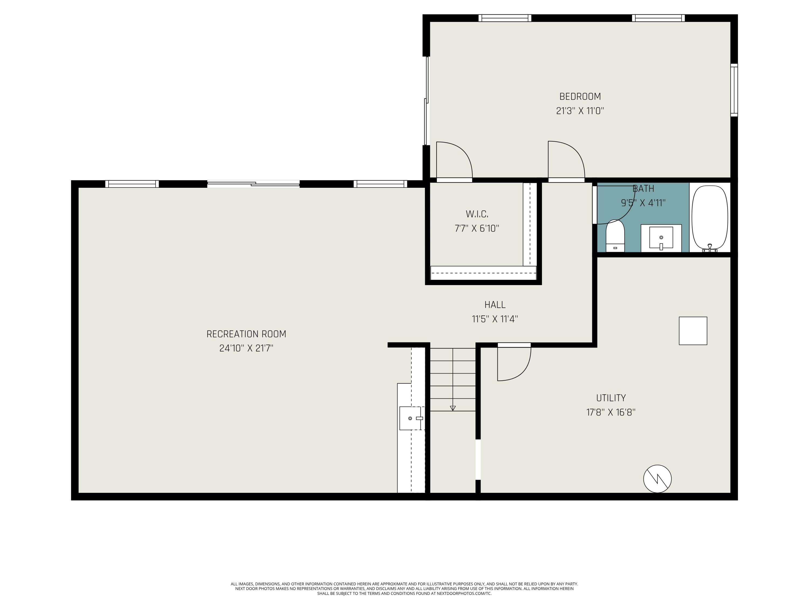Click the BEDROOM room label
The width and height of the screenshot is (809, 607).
(x=580, y=97)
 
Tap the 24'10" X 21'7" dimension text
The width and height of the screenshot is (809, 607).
(x=246, y=348)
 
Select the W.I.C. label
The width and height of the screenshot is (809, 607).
(x=477, y=214)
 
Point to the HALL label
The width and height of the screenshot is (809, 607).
(x=495, y=305)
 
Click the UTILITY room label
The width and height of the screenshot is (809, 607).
(x=611, y=398)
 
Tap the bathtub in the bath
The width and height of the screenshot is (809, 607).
(x=710, y=218)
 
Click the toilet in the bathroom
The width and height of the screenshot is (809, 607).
(x=615, y=236)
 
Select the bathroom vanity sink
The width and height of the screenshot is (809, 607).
(x=661, y=238)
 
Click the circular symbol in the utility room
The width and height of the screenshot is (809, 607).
(x=657, y=479)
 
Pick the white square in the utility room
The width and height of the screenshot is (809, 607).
(x=693, y=331)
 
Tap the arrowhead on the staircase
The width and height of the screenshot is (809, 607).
(x=453, y=408)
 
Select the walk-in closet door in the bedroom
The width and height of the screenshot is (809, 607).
(x=454, y=161)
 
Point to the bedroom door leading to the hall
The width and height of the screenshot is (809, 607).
(x=566, y=161)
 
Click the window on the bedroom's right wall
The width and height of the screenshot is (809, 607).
(x=734, y=90)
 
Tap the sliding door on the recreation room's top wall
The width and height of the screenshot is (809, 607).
(x=253, y=184)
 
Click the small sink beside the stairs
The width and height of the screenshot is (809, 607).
(x=412, y=418)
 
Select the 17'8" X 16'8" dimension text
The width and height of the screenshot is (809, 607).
(x=611, y=412)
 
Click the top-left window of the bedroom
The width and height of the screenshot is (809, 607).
(x=505, y=18)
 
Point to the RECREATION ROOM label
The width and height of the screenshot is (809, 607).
(x=246, y=334)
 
